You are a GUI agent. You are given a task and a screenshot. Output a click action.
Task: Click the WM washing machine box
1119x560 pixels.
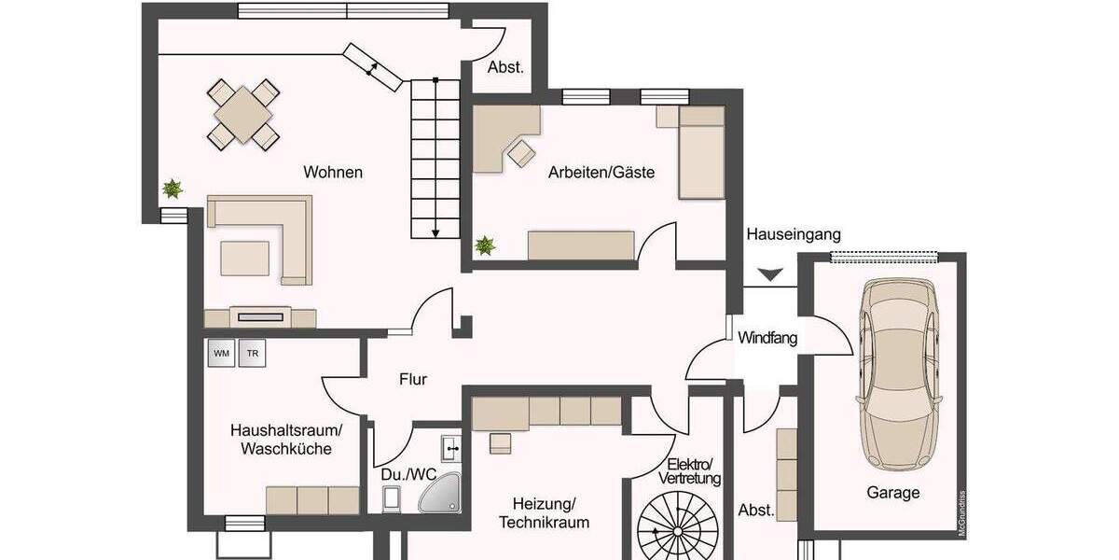coord(221,354)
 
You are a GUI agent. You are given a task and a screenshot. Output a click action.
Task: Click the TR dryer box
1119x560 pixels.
coord(252,354)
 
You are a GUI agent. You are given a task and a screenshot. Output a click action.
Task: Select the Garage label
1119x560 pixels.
coord(892,493)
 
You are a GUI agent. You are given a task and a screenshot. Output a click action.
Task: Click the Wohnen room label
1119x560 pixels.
coord(333,173)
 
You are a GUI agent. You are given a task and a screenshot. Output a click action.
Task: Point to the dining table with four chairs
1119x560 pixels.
coord(242,115)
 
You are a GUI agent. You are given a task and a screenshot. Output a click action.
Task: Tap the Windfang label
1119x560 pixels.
coord(767,338)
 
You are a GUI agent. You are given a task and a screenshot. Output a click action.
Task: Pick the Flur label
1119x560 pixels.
coord(413,379)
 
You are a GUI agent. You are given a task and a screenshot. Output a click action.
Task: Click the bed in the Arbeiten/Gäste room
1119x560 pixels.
coord(701,152)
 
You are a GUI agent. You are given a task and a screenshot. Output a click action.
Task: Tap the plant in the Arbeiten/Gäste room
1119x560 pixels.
coord(485,246)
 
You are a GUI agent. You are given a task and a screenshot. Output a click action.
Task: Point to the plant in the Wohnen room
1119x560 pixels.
coord(172,189)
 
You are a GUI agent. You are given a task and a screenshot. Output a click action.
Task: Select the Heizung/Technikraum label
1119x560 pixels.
coord(545,512)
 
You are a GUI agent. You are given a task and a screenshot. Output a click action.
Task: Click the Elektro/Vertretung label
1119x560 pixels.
coord(690,471)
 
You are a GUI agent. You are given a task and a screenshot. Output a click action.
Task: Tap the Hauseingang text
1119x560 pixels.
coord(794,234)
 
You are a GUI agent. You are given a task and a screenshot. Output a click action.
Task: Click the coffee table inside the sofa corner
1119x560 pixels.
coord(244,258)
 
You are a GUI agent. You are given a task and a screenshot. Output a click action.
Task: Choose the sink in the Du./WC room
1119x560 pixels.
coord(452,448)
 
